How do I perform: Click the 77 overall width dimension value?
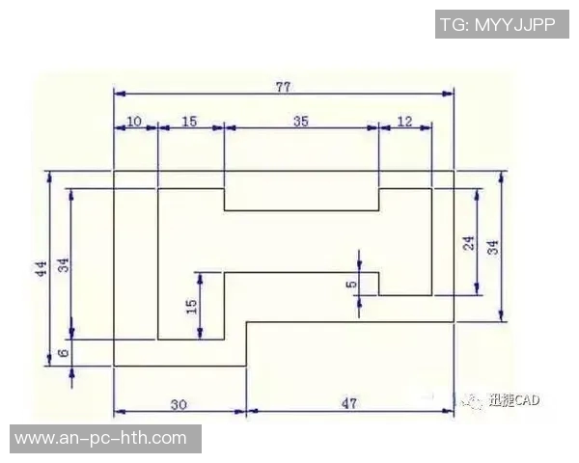pyautogui.click(x=283, y=87)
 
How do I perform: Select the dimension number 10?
pyautogui.click(x=134, y=122)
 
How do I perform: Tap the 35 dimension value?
pyautogui.click(x=300, y=122)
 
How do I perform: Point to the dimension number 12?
pyautogui.click(x=404, y=122)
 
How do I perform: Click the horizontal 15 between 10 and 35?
pyautogui.click(x=189, y=122)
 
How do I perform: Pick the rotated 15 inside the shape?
pyautogui.click(x=191, y=307)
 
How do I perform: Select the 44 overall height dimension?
pyautogui.click(x=41, y=268)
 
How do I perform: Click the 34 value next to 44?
pyautogui.click(x=64, y=265)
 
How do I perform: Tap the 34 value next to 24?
pyautogui.click(x=493, y=247)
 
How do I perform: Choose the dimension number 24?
pyautogui.click(x=469, y=243)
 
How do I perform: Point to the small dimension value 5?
pyautogui.click(x=352, y=284)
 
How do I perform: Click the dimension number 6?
pyautogui.click(x=64, y=353)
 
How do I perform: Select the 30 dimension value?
pyautogui.click(x=179, y=405)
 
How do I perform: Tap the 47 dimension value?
pyautogui.click(x=349, y=403)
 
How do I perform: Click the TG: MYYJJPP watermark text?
pyautogui.click(x=498, y=25)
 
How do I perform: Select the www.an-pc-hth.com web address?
pyautogui.click(x=100, y=439)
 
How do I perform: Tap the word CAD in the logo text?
pyautogui.click(x=527, y=400)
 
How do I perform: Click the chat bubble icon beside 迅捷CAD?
pyautogui.click(x=471, y=401)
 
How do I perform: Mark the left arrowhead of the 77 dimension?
pyautogui.click(x=120, y=94)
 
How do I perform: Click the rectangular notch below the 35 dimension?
pyautogui.click(x=302, y=200)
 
